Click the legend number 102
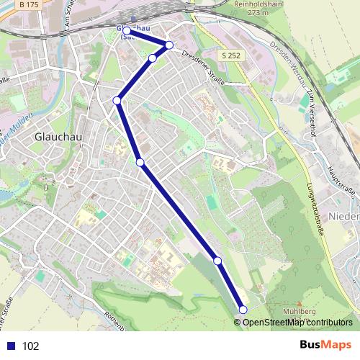(x=30, y=346)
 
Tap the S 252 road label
(x=230, y=55)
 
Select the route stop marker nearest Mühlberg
(x=243, y=310)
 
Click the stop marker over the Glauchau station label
(x=127, y=30)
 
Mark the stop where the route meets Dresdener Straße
(x=169, y=45)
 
